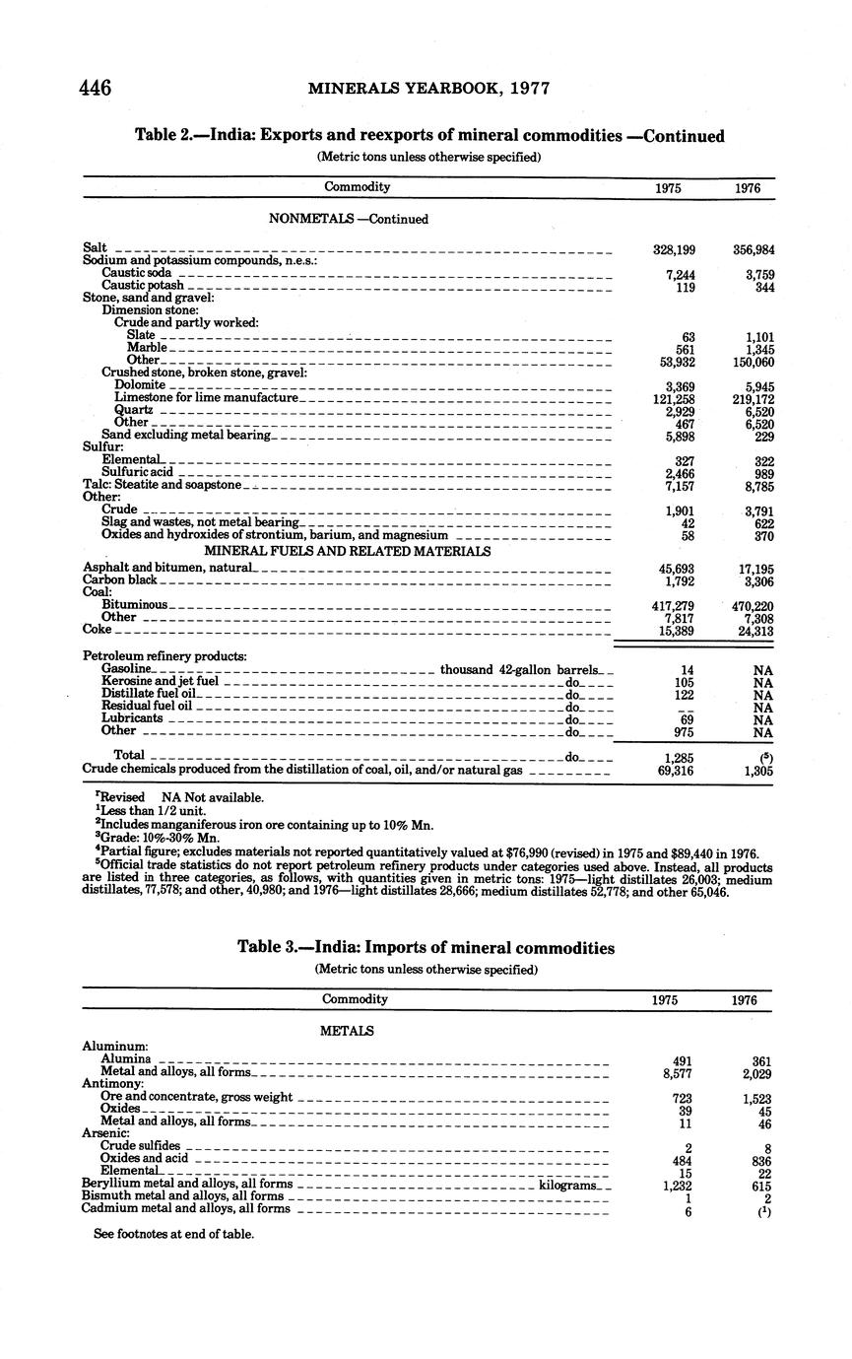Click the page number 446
(95, 88)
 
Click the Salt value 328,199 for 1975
(675, 250)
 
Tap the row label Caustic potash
(142, 285)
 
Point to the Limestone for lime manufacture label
(205, 397)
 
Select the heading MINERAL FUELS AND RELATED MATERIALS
(347, 551)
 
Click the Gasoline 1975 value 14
(688, 671)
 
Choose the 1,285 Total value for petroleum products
(680, 758)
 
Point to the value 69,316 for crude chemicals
(676, 771)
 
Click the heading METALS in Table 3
(347, 1031)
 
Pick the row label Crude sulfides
(140, 1145)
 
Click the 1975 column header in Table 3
(665, 999)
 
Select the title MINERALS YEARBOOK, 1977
(428, 88)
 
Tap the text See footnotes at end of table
(173, 1233)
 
